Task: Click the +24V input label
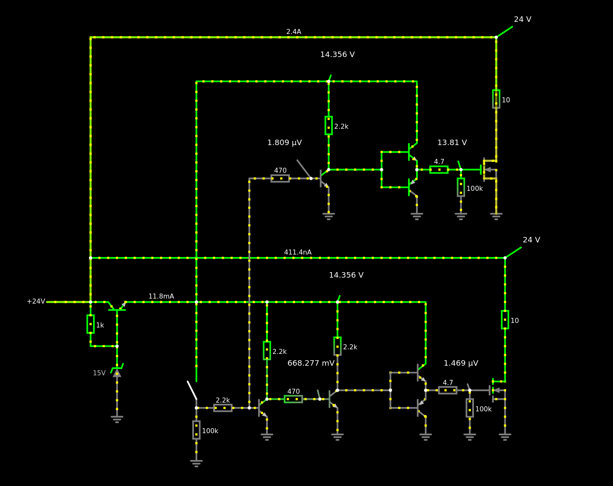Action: pyautogui.click(x=36, y=301)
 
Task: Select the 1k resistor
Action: pyautogui.click(x=91, y=324)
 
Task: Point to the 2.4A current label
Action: pyautogui.click(x=294, y=31)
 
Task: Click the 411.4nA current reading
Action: pyautogui.click(x=297, y=252)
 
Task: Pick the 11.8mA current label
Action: pyautogui.click(x=161, y=296)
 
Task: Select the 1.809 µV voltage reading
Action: pyautogui.click(x=285, y=143)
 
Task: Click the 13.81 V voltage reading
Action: pyautogui.click(x=452, y=143)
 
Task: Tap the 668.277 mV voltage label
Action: pyautogui.click(x=311, y=363)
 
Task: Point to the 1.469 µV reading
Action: pyautogui.click(x=461, y=363)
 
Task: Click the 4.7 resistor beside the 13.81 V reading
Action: pyautogui.click(x=439, y=169)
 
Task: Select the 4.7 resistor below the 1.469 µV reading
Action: pyautogui.click(x=448, y=390)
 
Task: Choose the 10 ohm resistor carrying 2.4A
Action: pyautogui.click(x=496, y=99)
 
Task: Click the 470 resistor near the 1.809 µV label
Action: pyautogui.click(x=280, y=179)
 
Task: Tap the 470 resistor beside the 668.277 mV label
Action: pyautogui.click(x=293, y=399)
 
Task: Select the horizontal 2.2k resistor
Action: pyautogui.click(x=223, y=408)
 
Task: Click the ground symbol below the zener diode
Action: pyautogui.click(x=117, y=419)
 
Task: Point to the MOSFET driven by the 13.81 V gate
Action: pyautogui.click(x=489, y=169)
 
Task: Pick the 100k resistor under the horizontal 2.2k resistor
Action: pyautogui.click(x=196, y=430)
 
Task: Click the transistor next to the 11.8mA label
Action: pyautogui.click(x=117, y=306)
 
